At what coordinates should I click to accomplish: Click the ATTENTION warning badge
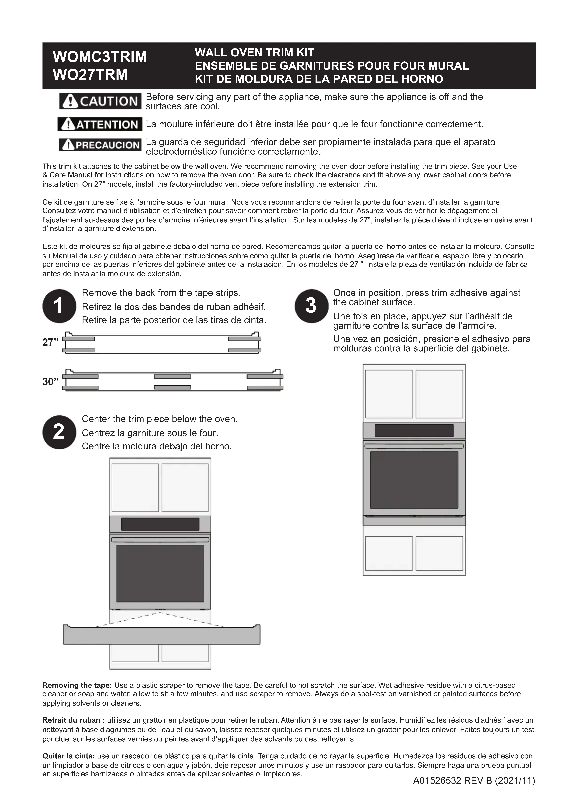100,124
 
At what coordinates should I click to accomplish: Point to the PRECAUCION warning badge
100,145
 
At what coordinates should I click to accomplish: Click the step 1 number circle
59,306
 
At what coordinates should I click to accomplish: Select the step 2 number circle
59,432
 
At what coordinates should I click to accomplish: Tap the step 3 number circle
311,306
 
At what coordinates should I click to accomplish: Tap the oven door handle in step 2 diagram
160,539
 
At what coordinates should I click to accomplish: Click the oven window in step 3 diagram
414,480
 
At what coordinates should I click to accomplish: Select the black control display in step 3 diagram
414,430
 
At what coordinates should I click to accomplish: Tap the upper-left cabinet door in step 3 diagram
389,394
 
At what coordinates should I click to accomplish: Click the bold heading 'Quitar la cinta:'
69,756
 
